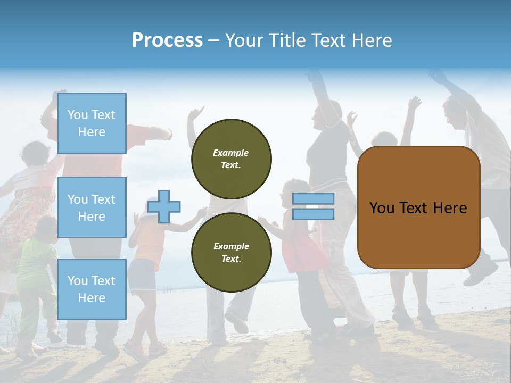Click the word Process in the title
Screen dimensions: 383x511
[x=167, y=40]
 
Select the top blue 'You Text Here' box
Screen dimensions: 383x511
[x=92, y=123]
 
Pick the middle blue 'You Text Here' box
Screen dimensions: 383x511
[x=92, y=207]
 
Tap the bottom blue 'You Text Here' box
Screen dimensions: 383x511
[x=92, y=289]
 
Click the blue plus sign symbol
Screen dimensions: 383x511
[x=164, y=206]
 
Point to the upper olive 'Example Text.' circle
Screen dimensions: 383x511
[x=231, y=159]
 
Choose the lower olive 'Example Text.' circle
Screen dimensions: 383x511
[x=231, y=252]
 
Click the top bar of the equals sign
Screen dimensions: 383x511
[x=314, y=199]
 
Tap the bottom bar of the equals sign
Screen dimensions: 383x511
[x=314, y=214]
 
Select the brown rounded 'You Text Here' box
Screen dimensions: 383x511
[x=418, y=207]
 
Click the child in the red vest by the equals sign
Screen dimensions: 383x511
[x=298, y=245]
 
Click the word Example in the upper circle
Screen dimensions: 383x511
[x=231, y=153]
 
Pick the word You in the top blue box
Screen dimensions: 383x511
[x=78, y=115]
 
